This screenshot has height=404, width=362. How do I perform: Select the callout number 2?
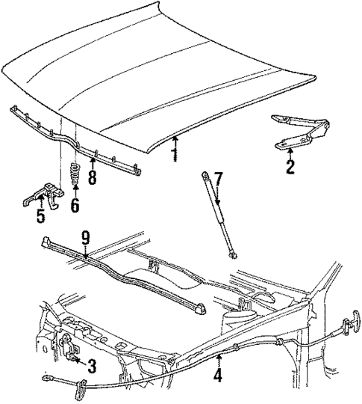click(x=289, y=167)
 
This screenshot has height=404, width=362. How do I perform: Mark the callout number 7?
click(x=218, y=180)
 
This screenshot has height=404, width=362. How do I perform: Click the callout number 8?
click(x=93, y=178)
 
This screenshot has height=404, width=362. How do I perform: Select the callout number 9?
click(x=86, y=239)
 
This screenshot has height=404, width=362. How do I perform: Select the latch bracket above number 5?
click(x=43, y=196)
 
